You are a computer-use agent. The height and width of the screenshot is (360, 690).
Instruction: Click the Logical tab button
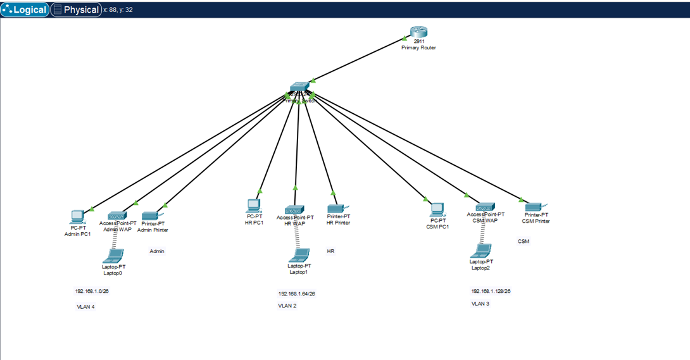(25, 9)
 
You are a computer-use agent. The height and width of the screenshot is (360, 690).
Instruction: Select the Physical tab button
(76, 9)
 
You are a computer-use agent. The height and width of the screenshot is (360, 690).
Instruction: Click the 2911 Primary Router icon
(418, 32)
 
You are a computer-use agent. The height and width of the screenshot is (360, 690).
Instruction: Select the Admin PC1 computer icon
(77, 217)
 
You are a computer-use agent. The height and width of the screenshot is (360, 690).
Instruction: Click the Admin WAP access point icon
(117, 216)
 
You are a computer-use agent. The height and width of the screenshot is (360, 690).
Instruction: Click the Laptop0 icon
(115, 256)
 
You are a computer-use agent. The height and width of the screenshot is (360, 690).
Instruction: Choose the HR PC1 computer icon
(254, 206)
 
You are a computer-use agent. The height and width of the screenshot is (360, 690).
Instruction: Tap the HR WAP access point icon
(294, 209)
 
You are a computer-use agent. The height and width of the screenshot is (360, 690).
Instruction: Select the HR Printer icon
(336, 208)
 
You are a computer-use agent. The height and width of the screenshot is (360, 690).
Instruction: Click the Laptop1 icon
(299, 256)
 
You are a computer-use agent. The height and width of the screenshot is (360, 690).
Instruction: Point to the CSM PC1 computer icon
(437, 209)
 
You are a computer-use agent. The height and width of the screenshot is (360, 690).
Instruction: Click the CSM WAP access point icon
(485, 207)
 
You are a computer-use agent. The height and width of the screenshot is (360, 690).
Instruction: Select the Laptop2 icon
(482, 251)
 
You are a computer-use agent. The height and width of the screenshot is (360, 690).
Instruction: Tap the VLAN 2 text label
(287, 306)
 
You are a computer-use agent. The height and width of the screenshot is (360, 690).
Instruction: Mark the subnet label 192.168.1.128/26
(491, 291)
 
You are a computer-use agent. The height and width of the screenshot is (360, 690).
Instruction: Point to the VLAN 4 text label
(85, 306)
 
